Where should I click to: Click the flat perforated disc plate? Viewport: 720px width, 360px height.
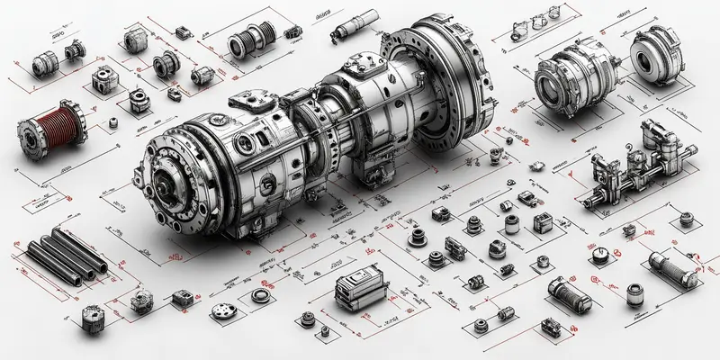[222, 310]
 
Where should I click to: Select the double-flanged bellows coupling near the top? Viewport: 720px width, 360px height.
[248, 41]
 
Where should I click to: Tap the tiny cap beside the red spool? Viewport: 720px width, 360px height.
[113, 123]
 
